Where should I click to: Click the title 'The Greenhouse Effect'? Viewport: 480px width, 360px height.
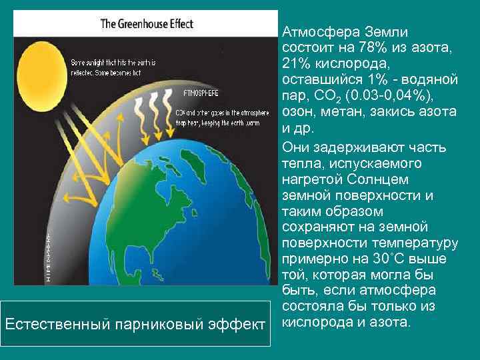[147, 24]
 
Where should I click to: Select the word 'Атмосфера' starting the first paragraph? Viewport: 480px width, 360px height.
[320, 31]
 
